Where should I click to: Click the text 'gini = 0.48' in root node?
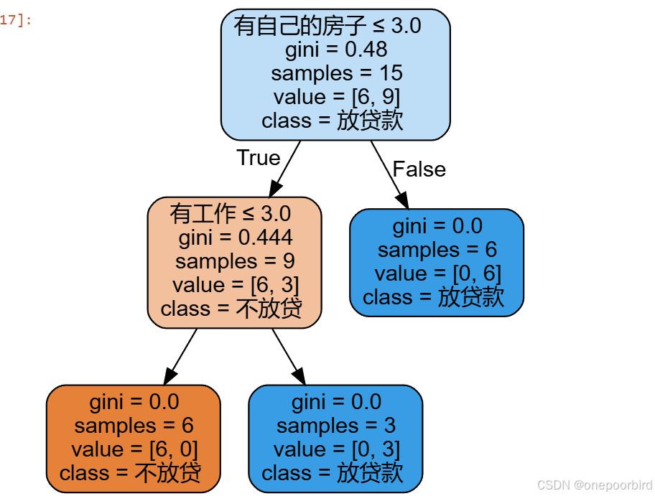pos(336,50)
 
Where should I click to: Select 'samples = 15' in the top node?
pos(336,73)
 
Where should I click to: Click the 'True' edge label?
pos(258,158)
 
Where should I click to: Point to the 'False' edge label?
pos(419,169)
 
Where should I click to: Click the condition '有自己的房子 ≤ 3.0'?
pos(327,27)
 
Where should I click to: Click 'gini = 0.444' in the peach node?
pos(235,238)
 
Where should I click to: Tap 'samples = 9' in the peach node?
pos(235,261)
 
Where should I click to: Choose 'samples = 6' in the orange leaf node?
pos(134,426)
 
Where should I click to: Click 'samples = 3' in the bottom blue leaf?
pos(335,426)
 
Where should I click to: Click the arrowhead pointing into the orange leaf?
pos(169,375)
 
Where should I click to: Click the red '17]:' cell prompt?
pos(16,20)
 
